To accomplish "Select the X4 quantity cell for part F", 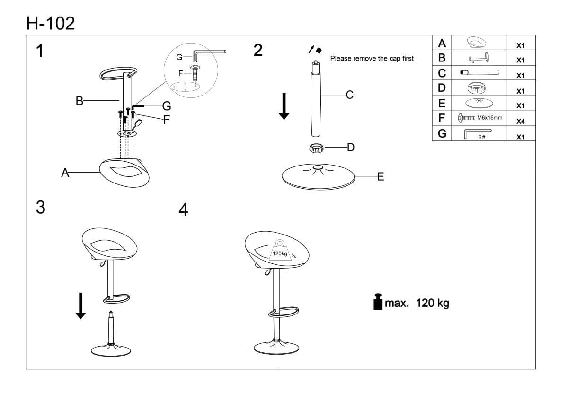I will [x=520, y=122].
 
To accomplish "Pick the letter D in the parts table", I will [x=442, y=88].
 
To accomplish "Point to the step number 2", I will [x=258, y=50].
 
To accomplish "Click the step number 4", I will [x=183, y=209].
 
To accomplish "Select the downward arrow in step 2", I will [x=284, y=106].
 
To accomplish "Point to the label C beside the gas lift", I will [x=349, y=95].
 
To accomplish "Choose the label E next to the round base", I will [x=380, y=177].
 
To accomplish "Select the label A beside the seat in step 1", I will [x=65, y=173].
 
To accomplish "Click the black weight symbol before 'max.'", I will [x=378, y=302].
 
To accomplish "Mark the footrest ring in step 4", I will [x=284, y=312].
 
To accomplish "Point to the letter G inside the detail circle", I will [x=179, y=57].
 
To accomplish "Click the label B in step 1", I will [x=80, y=100].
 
